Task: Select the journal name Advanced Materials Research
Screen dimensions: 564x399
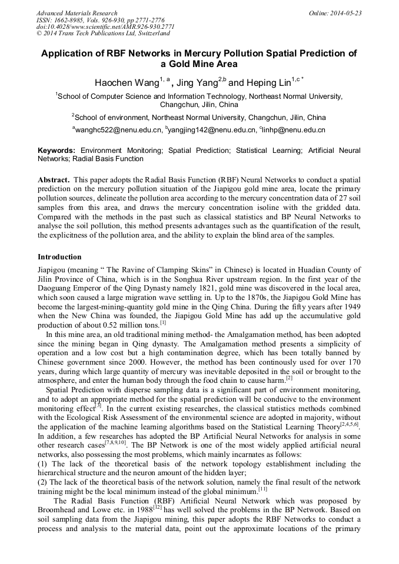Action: pos(77,13)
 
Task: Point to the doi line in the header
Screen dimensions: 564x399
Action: pos(105,27)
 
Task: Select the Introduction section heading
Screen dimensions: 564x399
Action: pos(59,257)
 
